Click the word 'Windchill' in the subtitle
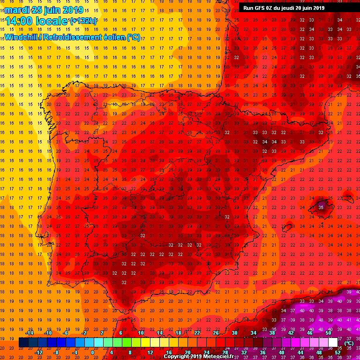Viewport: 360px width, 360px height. [22, 37]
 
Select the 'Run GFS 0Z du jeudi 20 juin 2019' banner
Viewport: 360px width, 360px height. [284, 8]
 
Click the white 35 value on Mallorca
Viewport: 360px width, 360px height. [321, 207]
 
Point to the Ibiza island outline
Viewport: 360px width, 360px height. [287, 228]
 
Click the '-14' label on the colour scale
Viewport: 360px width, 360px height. [30, 333]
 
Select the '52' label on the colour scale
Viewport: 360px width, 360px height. [337, 352]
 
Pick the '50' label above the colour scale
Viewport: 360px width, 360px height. [328, 333]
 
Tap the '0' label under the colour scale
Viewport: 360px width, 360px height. [92, 352]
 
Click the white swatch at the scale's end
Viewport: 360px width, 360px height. [333, 343]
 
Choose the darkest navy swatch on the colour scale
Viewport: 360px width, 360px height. [23, 343]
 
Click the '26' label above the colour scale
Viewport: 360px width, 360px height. [215, 333]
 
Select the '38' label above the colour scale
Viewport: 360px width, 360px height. [272, 333]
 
